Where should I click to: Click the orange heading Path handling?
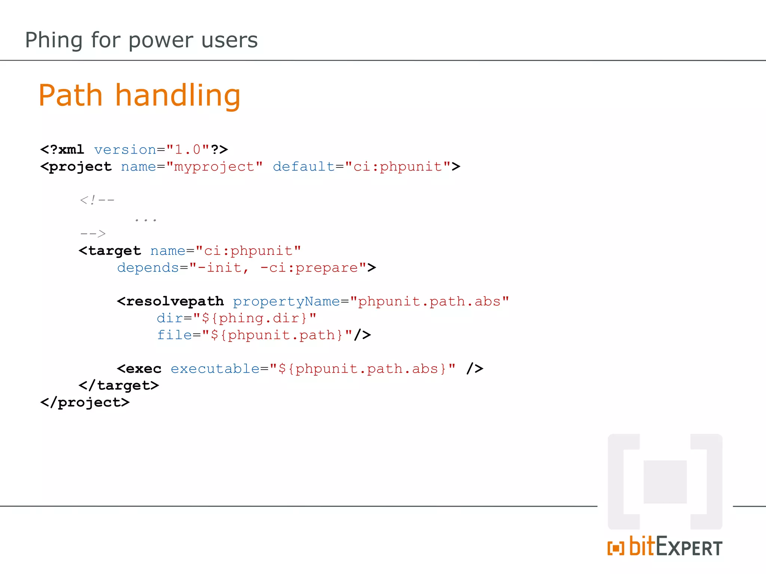(x=139, y=95)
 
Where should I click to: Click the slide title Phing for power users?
(x=141, y=40)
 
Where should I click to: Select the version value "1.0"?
(x=188, y=149)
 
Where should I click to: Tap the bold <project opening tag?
(x=76, y=167)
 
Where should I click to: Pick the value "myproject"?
(x=214, y=167)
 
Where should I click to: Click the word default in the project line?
(x=303, y=167)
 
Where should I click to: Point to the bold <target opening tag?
(x=110, y=251)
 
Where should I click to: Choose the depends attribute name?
(x=148, y=268)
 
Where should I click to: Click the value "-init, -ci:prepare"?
(x=278, y=268)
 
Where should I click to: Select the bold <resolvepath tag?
(x=171, y=302)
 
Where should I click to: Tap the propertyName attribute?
(x=286, y=302)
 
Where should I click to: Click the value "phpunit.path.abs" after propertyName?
(x=429, y=302)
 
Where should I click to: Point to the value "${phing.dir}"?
(x=255, y=318)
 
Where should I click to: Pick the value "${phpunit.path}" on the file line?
(x=277, y=335)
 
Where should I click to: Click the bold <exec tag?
(x=139, y=369)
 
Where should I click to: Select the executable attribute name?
(x=215, y=369)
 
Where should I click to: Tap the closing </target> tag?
(x=119, y=386)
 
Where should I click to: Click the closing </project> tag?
(x=85, y=402)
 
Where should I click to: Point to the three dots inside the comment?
(x=145, y=220)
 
